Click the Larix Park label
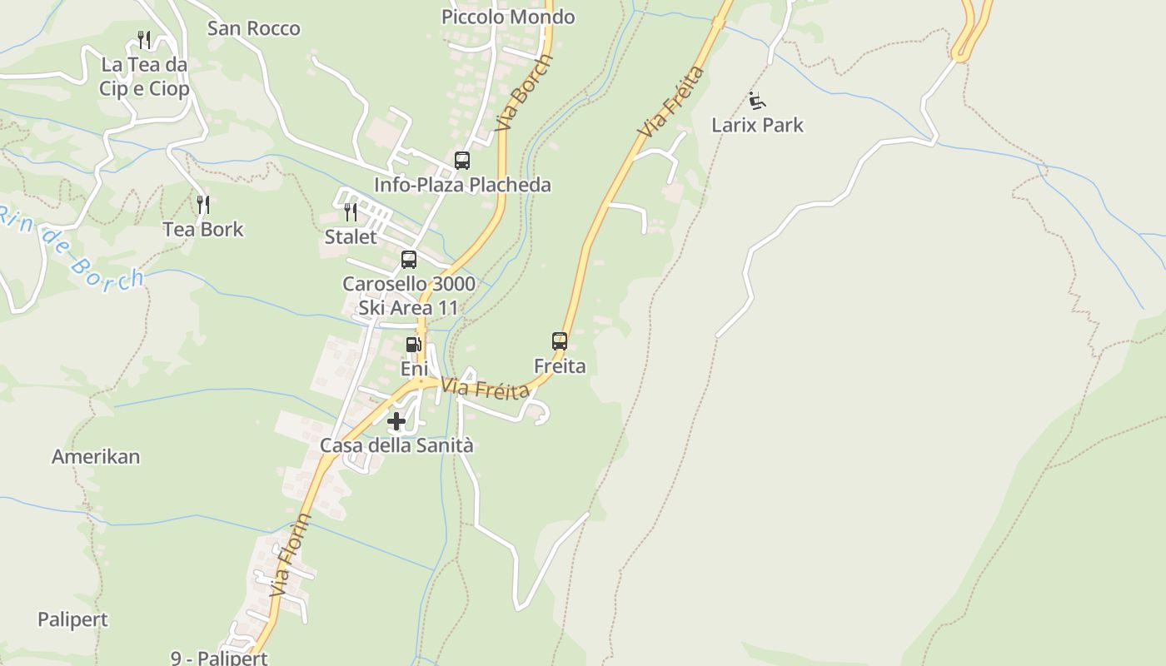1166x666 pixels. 757,126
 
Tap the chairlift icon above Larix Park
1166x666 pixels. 756,102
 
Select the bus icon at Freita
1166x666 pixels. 560,340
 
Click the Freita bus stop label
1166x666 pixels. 560,366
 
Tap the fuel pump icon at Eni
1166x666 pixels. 414,345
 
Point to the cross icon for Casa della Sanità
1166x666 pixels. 396,421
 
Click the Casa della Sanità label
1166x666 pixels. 396,446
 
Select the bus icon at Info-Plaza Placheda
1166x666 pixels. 461,161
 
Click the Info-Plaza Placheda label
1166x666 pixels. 462,185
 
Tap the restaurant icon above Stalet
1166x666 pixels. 351,212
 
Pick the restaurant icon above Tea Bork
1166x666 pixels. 202,204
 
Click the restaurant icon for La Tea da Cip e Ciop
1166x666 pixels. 144,40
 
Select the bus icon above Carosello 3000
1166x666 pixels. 408,259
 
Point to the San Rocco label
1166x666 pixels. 253,29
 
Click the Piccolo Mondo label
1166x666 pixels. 508,17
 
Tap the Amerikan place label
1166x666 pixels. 96,457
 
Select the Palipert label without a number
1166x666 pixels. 73,620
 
